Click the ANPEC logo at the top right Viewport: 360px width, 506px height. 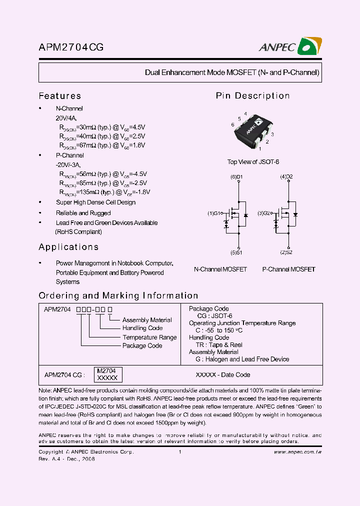tap(290, 47)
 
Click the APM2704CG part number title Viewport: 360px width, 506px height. tap(71, 48)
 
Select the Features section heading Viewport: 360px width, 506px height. tap(59, 96)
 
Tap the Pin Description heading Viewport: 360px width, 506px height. tap(252, 96)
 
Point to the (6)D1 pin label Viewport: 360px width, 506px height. tap(236, 177)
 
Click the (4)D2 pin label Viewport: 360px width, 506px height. tap(286, 177)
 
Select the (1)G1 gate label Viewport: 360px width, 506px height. tap(215, 213)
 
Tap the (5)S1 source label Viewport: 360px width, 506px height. tap(236, 252)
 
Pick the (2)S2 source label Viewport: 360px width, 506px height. tap(286, 252)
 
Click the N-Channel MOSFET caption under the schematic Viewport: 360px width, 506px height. tap(220, 269)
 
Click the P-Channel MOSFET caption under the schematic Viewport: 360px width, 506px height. tap(288, 269)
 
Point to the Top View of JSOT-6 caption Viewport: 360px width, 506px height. tap(253, 162)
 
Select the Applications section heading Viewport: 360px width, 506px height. tap(68, 247)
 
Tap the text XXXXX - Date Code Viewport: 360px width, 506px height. tap(222, 374)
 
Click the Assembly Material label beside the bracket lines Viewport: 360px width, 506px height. tap(147, 320)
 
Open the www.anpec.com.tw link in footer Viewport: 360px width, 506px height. tap(298, 452)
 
